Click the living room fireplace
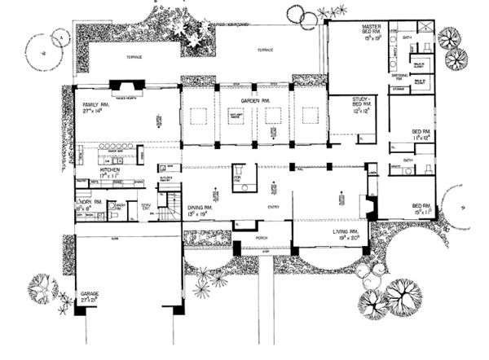click(x=371, y=206)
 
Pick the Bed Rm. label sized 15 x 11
click(x=422, y=207)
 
